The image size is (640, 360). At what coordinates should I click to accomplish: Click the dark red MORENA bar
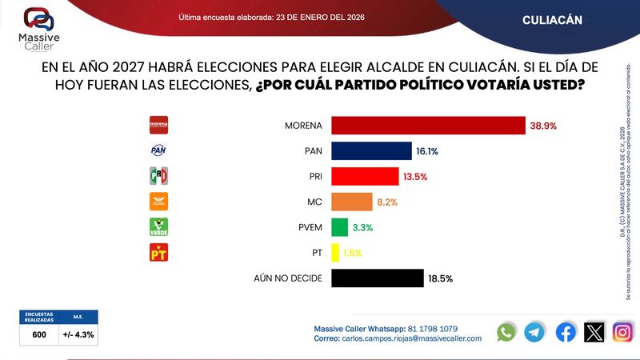[x=428, y=126]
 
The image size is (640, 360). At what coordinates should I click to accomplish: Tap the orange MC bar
[x=351, y=202]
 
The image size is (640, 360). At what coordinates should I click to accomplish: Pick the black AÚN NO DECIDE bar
[x=377, y=278]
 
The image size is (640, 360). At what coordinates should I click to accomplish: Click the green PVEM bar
[x=339, y=227]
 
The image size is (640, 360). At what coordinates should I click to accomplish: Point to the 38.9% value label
[x=543, y=126]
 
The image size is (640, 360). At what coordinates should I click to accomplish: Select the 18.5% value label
[x=441, y=278]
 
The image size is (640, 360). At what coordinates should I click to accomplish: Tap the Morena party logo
[x=159, y=126]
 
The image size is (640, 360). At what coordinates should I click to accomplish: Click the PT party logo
[x=159, y=253]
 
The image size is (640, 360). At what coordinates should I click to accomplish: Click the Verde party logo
[x=159, y=227]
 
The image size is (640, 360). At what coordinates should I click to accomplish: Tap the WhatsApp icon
[x=506, y=332]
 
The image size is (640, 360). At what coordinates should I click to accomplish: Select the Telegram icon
[x=535, y=332]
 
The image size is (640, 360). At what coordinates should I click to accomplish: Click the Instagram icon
[x=623, y=332]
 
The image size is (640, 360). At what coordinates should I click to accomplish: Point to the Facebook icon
[x=566, y=332]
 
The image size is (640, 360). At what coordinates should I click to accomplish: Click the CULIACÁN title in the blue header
[x=552, y=19]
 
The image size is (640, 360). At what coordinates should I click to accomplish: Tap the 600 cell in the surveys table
[x=39, y=334]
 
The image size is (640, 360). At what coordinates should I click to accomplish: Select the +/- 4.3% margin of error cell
[x=78, y=334]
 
